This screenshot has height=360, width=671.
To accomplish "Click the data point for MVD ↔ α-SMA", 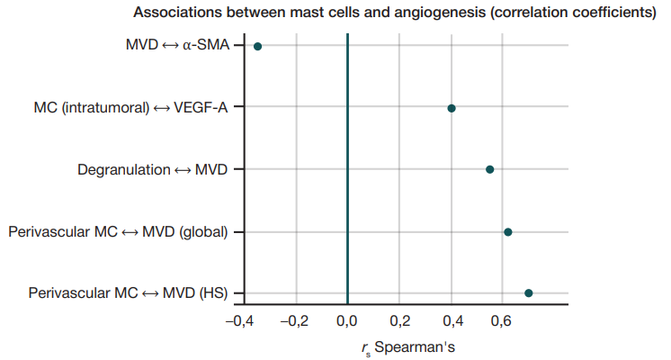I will point(257,46).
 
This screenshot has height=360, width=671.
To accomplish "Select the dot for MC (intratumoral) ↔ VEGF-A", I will point(452,108).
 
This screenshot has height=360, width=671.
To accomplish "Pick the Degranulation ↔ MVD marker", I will point(489,169).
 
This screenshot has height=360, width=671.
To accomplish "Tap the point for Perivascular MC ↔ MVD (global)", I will point(508,231).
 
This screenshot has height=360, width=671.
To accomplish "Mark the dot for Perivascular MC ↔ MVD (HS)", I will point(529,293).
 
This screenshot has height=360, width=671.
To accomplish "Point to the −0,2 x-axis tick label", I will point(293,319).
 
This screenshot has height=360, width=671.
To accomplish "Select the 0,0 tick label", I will point(347,319).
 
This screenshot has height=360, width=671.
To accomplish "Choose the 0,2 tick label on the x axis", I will point(400,319).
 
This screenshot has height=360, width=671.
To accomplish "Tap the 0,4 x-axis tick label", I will point(453,319).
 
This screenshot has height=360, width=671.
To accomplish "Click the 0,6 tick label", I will point(506,319).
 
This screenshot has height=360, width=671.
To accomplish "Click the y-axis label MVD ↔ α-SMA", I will point(176,46).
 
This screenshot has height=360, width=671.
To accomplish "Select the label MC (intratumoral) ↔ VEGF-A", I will point(130,108).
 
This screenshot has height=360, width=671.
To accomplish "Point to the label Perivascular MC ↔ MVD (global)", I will point(118,231).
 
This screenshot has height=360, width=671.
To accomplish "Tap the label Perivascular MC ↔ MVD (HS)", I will point(128,293).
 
